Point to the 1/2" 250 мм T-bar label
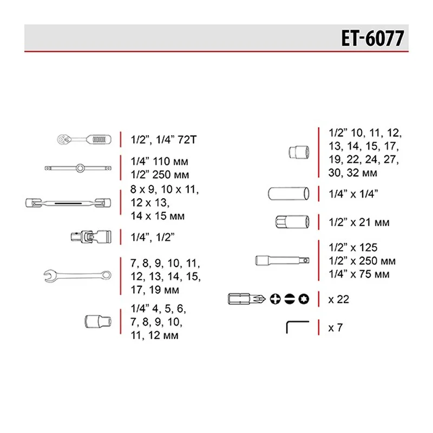pyautogui.click(x=161, y=175)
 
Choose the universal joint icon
pyautogui.click(x=90, y=235)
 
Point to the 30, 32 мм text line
pyautogui.click(x=353, y=173)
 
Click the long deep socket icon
pyautogui.click(x=288, y=193)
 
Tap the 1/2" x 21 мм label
pyautogui.click(x=359, y=222)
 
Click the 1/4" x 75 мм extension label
pyautogui.click(x=358, y=274)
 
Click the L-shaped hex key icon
pyautogui.click(x=297, y=327)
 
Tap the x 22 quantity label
pyautogui.click(x=339, y=299)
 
